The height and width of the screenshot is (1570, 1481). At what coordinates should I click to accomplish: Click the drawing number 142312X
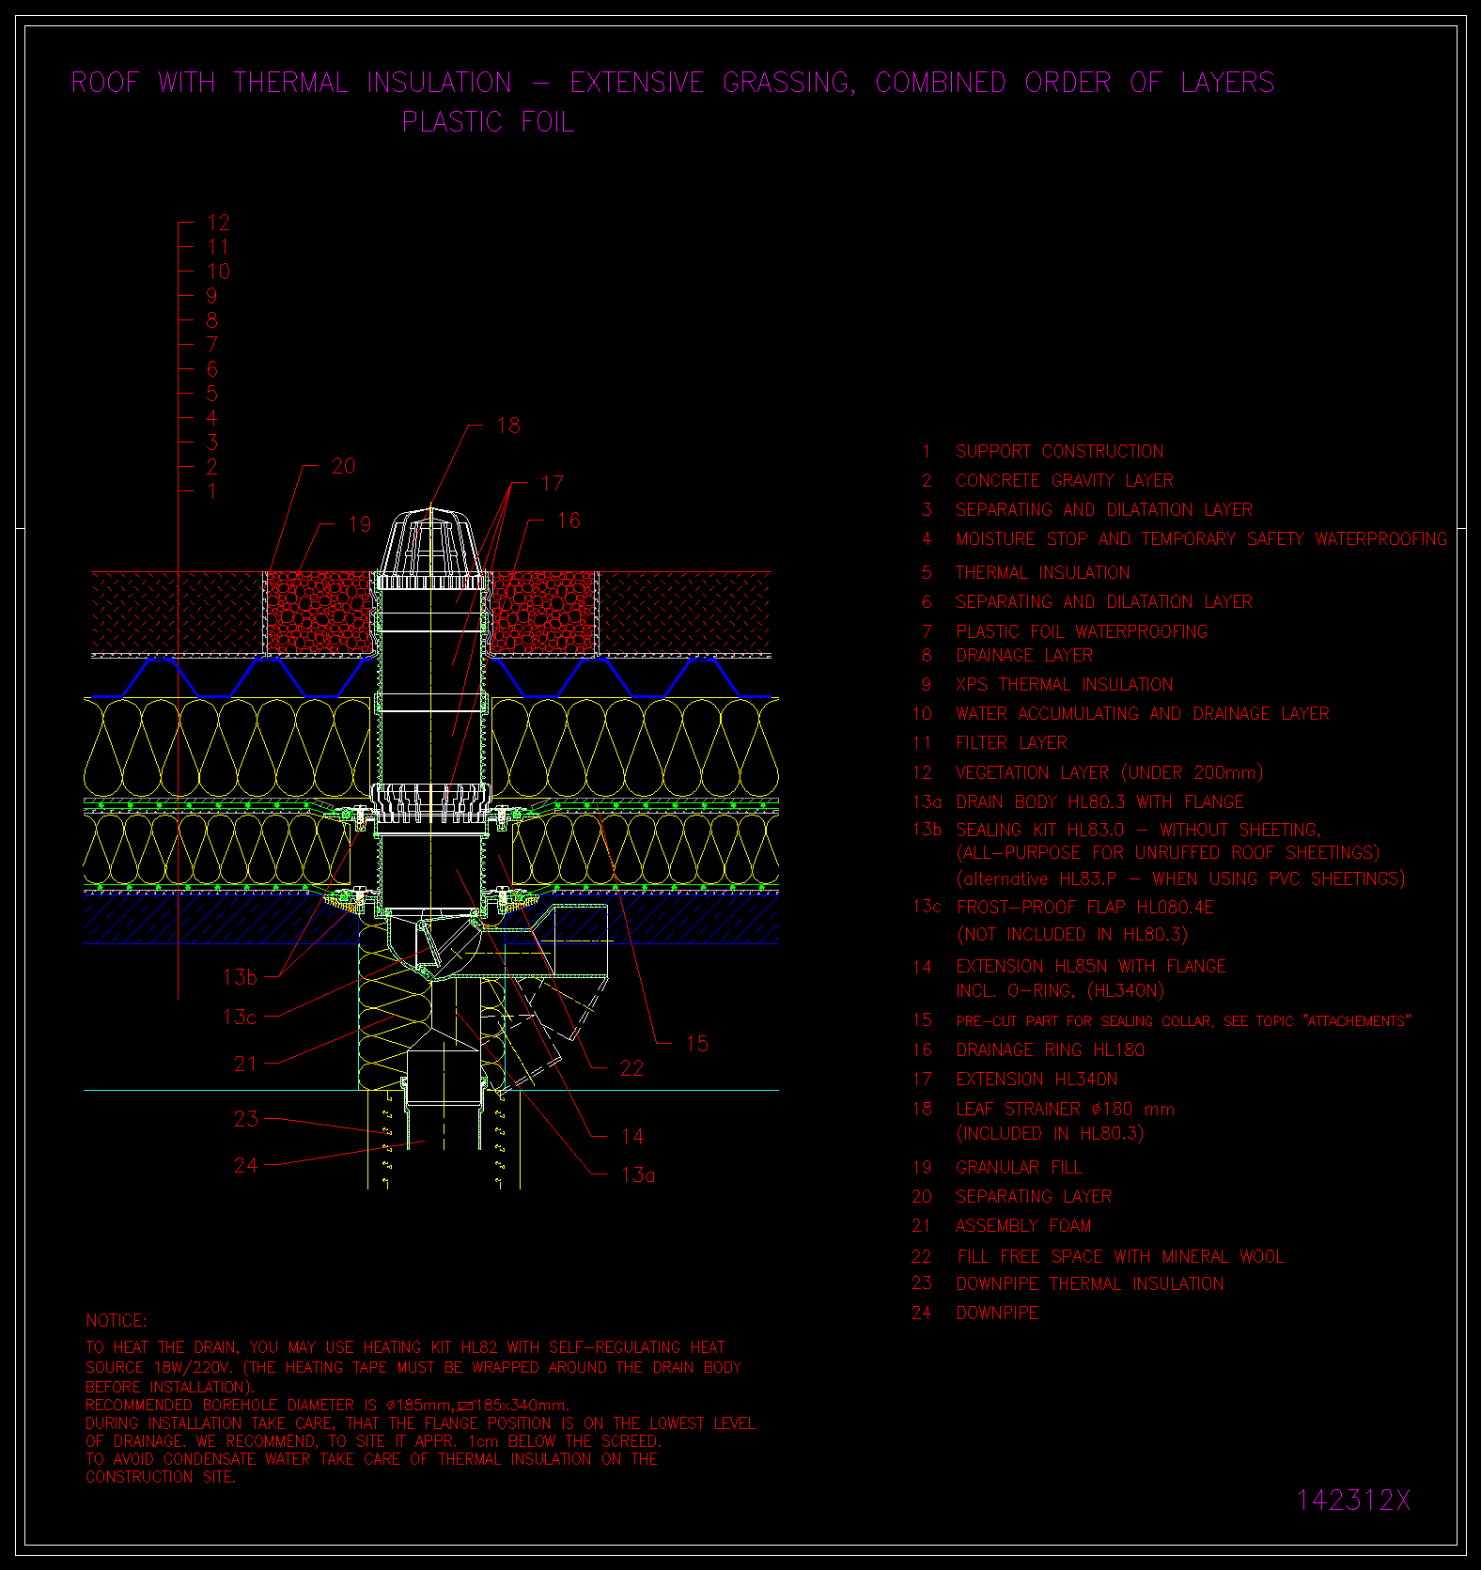click(1353, 1500)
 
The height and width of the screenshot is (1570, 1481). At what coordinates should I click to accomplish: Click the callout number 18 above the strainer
click(508, 426)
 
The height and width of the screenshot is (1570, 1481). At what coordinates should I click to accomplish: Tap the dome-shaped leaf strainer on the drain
click(431, 542)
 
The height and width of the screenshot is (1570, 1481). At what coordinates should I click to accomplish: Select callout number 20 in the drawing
click(344, 466)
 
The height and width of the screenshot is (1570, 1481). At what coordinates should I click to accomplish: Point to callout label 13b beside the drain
click(240, 977)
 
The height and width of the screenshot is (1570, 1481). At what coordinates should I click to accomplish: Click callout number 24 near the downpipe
click(246, 1165)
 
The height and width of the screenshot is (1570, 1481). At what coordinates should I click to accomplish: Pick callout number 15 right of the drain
click(697, 1043)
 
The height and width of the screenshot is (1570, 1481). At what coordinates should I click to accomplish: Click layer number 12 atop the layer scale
click(219, 223)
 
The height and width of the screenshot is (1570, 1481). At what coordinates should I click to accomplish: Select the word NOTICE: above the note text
click(117, 1321)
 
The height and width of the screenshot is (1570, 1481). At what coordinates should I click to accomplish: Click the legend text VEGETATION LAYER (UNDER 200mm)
click(1109, 772)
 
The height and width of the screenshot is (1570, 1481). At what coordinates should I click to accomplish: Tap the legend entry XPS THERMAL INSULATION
click(1065, 685)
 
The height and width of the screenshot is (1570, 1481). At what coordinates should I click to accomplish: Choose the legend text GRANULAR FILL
click(1020, 1168)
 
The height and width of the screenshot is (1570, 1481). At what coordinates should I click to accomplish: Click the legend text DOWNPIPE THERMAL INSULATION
click(1090, 1284)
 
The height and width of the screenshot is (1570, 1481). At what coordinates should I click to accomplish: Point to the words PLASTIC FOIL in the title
click(489, 122)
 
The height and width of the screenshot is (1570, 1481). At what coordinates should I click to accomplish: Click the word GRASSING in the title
click(787, 83)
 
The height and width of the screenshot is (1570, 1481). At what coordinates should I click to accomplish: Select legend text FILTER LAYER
click(1012, 743)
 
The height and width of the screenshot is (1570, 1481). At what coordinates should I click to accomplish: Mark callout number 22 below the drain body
click(632, 1068)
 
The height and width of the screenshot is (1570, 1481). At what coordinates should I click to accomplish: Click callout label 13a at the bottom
click(638, 1174)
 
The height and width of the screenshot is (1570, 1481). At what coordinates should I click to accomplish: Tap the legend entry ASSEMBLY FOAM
click(1023, 1226)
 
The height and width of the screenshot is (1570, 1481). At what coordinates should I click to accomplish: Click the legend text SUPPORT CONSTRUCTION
click(1060, 452)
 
